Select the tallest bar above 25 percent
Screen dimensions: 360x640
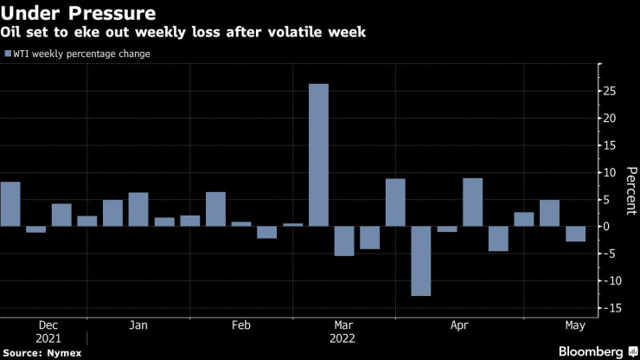319,155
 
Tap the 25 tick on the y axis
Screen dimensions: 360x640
610,90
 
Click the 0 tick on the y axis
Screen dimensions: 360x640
607,226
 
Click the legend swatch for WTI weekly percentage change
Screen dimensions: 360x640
8,55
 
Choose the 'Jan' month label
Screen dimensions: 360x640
138,325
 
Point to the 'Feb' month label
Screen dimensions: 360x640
240,325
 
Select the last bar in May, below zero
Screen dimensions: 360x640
575,234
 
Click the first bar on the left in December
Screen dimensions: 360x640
10,204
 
